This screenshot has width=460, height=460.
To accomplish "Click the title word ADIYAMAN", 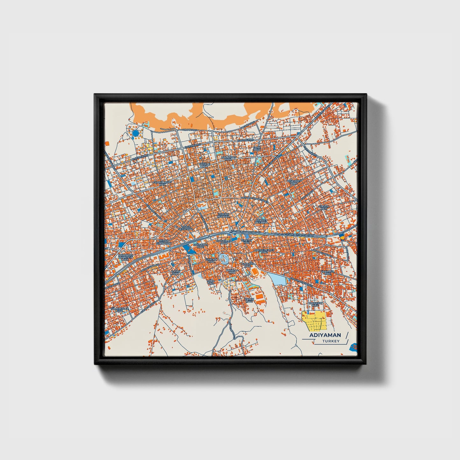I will [325, 335].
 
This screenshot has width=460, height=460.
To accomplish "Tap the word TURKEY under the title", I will [331, 341].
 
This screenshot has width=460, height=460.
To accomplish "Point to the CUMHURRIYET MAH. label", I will [163, 183].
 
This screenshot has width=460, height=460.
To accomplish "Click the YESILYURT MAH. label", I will [294, 182].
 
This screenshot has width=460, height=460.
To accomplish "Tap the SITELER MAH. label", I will [323, 207].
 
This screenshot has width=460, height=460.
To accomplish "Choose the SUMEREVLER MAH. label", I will [120, 310].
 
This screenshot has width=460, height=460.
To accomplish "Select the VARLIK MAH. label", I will [249, 300].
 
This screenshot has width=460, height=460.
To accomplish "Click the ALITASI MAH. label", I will [175, 272].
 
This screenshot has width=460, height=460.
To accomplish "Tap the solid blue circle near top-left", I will [136, 133].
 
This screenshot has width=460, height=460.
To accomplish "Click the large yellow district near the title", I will [313, 321].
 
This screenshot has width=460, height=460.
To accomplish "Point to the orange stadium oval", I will [255, 272].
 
